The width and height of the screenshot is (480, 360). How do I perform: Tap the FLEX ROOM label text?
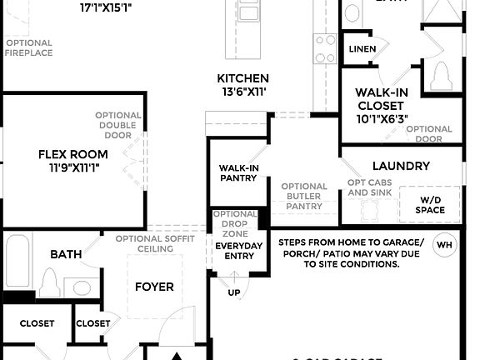pos(72,154)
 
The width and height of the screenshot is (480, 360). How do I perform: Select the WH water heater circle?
pos(444,245)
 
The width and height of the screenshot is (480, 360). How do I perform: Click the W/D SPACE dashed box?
pos(430,204)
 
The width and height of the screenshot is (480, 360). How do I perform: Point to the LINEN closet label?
pos(362,49)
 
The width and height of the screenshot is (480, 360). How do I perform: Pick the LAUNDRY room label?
pos(401,166)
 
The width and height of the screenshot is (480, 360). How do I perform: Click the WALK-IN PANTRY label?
pos(238,172)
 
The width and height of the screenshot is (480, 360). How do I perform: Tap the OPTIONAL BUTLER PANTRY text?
pos(303,196)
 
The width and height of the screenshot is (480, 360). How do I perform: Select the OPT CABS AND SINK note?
pos(369,187)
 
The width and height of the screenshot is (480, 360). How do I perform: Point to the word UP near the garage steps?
pos(234,292)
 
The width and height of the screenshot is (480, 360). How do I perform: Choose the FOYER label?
pos(154,287)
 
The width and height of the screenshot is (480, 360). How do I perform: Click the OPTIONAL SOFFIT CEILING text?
pos(156,243)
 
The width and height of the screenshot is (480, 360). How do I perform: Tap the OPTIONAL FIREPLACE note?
pos(28,47)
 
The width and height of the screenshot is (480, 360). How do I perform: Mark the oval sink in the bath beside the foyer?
pos(80,288)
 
